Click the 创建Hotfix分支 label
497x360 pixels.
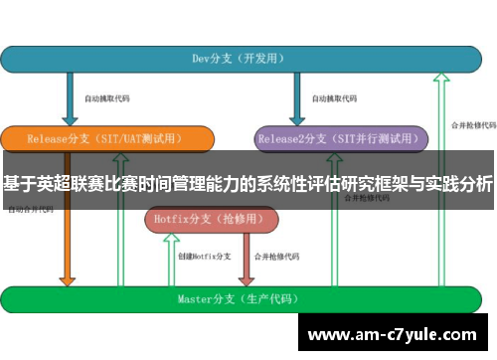point(203,256)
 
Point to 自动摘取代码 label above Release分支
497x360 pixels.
point(107,99)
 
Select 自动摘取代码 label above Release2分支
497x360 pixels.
point(334,99)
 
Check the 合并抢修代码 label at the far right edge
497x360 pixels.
point(473,125)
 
